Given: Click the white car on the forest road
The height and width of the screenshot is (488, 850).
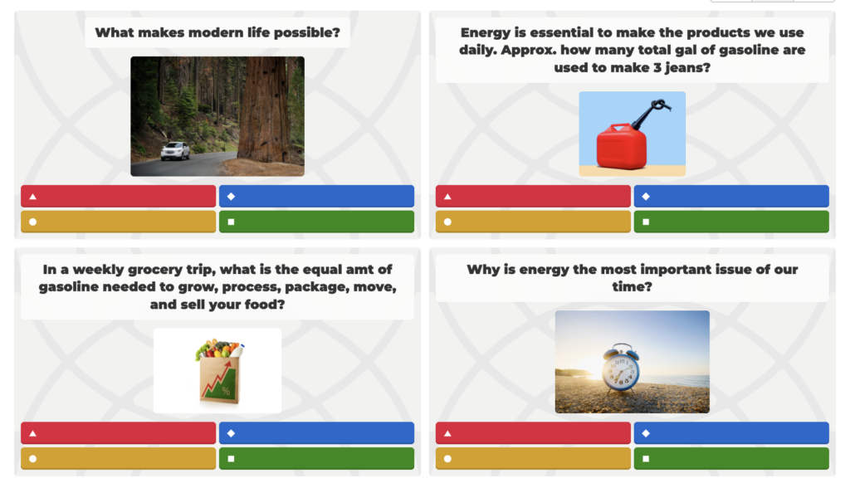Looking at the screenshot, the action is [x=175, y=151].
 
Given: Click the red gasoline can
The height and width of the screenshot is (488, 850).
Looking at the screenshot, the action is [x=621, y=146].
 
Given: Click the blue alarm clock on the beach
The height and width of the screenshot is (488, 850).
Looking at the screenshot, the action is [x=621, y=368].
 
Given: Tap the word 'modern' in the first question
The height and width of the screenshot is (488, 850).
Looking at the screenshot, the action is [x=216, y=32].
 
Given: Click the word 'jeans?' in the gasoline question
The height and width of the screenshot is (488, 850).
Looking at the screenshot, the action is [x=687, y=68].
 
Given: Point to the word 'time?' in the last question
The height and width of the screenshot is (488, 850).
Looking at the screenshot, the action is [x=632, y=287].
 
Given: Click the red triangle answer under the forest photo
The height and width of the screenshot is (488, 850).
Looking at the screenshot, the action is [x=118, y=197].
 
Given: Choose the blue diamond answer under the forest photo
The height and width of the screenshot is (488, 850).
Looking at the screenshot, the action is [x=316, y=197].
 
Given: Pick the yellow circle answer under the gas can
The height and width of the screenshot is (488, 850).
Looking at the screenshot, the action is [x=533, y=222].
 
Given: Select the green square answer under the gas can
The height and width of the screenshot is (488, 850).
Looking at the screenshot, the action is [x=731, y=222].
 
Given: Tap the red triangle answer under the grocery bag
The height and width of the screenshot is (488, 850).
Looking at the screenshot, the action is [x=118, y=433].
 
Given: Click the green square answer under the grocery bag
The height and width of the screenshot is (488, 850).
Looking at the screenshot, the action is [x=316, y=459].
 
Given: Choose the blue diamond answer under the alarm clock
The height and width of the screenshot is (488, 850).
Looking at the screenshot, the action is [x=731, y=433].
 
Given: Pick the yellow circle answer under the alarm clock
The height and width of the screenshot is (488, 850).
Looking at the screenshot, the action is [x=533, y=459].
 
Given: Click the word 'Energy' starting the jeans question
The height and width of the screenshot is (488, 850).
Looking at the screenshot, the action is [x=485, y=33].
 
